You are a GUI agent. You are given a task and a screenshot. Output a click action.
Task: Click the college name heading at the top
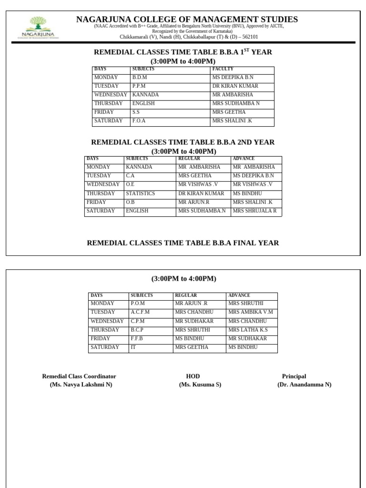(187, 19)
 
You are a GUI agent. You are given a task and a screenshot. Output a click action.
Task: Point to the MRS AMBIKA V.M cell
(251, 312)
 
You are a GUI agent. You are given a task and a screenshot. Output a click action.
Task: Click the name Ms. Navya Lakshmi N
(81, 385)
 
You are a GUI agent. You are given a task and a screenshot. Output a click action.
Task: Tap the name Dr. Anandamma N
(305, 385)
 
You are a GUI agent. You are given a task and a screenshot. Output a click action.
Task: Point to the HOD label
(193, 376)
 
